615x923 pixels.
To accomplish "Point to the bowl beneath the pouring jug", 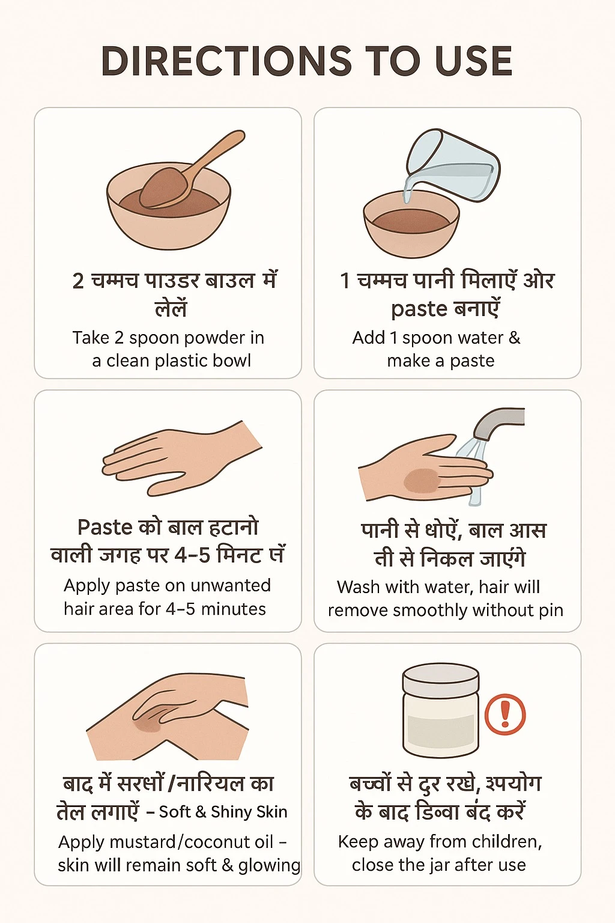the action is (411, 225).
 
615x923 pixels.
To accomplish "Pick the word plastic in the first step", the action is (172, 361).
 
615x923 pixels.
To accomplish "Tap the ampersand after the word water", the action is (515, 338).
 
